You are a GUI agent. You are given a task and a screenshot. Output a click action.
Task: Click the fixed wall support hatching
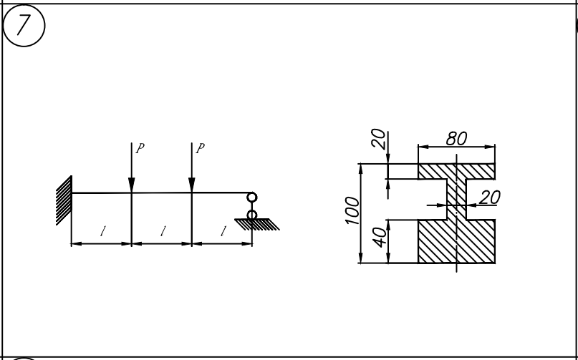63,202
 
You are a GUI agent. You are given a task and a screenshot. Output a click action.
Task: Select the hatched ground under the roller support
258,225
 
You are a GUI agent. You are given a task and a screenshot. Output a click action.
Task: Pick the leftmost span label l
103,231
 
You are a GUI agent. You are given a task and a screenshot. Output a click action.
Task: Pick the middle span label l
163,231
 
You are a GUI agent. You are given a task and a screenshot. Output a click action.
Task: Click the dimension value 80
456,138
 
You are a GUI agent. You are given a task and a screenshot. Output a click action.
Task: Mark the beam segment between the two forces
162,193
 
